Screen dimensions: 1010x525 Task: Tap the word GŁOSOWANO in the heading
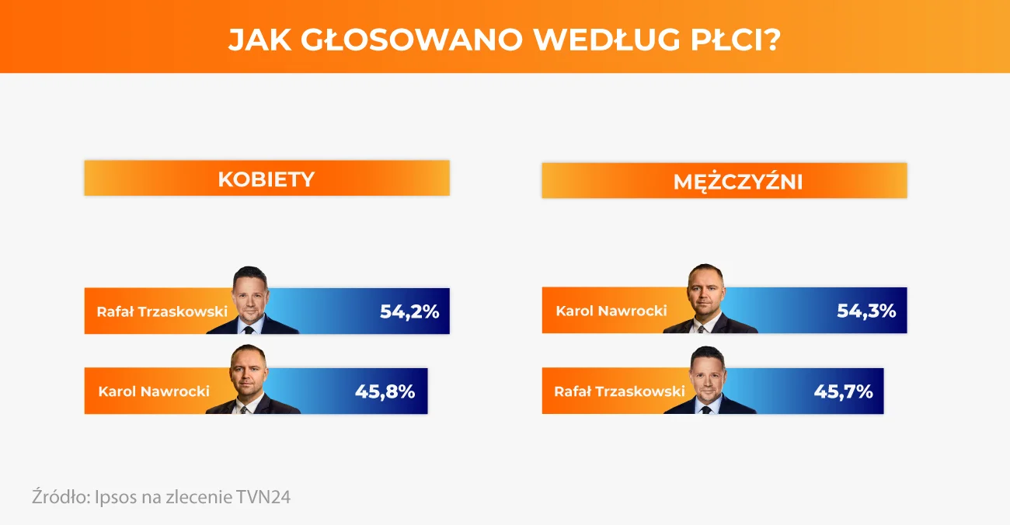(x=412, y=40)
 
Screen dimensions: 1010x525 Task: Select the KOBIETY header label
(x=266, y=179)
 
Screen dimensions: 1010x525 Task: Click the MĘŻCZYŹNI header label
(x=738, y=182)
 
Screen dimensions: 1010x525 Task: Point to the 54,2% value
(x=409, y=311)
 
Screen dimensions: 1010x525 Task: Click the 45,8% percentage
(x=385, y=391)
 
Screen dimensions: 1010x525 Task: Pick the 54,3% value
(x=866, y=311)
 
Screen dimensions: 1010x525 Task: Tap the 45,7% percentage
(x=843, y=391)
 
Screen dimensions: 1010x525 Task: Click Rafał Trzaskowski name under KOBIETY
(x=162, y=311)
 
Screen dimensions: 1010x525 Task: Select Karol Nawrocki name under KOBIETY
(x=154, y=391)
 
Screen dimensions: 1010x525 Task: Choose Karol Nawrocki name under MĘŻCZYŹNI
(x=611, y=311)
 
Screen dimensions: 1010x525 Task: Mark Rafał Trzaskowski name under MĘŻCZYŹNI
(x=619, y=391)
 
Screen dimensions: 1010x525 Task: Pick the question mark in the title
(x=773, y=40)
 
